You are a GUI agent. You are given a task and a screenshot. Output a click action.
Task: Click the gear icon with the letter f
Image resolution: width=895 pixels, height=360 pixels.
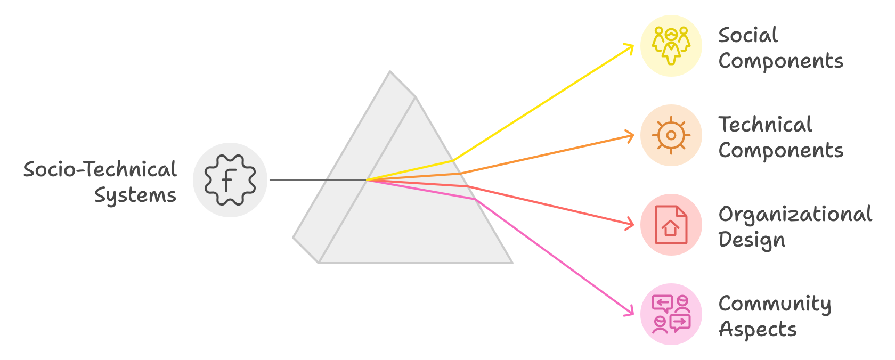[230, 180]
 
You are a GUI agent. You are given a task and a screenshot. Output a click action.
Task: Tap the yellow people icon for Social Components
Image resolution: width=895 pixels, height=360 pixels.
[671, 46]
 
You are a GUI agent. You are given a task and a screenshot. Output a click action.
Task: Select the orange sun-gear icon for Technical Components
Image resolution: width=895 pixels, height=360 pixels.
[671, 135]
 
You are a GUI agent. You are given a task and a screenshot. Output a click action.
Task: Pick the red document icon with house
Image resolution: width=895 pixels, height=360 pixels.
[671, 225]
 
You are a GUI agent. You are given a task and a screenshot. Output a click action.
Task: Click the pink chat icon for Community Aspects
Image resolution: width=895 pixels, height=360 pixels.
[671, 314]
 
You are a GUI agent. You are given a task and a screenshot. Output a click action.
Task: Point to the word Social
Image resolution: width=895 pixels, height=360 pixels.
[748, 35]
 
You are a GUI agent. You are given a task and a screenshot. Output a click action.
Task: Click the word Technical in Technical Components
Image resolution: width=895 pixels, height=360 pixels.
[765, 125]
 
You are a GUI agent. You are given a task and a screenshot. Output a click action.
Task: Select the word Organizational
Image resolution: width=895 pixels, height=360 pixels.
[795, 214]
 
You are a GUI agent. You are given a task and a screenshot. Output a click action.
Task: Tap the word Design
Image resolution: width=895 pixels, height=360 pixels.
[752, 240]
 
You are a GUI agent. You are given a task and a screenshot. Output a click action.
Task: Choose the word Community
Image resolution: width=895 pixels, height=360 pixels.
[775, 304]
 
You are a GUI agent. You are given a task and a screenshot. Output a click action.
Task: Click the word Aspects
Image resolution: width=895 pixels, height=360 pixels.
[758, 330]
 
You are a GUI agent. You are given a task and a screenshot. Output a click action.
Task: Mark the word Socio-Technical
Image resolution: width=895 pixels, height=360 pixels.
[100, 169]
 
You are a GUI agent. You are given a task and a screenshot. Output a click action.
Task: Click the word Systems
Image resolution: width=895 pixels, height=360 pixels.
[135, 195]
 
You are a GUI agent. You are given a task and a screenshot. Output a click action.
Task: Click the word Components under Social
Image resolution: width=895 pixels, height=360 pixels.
[780, 61]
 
